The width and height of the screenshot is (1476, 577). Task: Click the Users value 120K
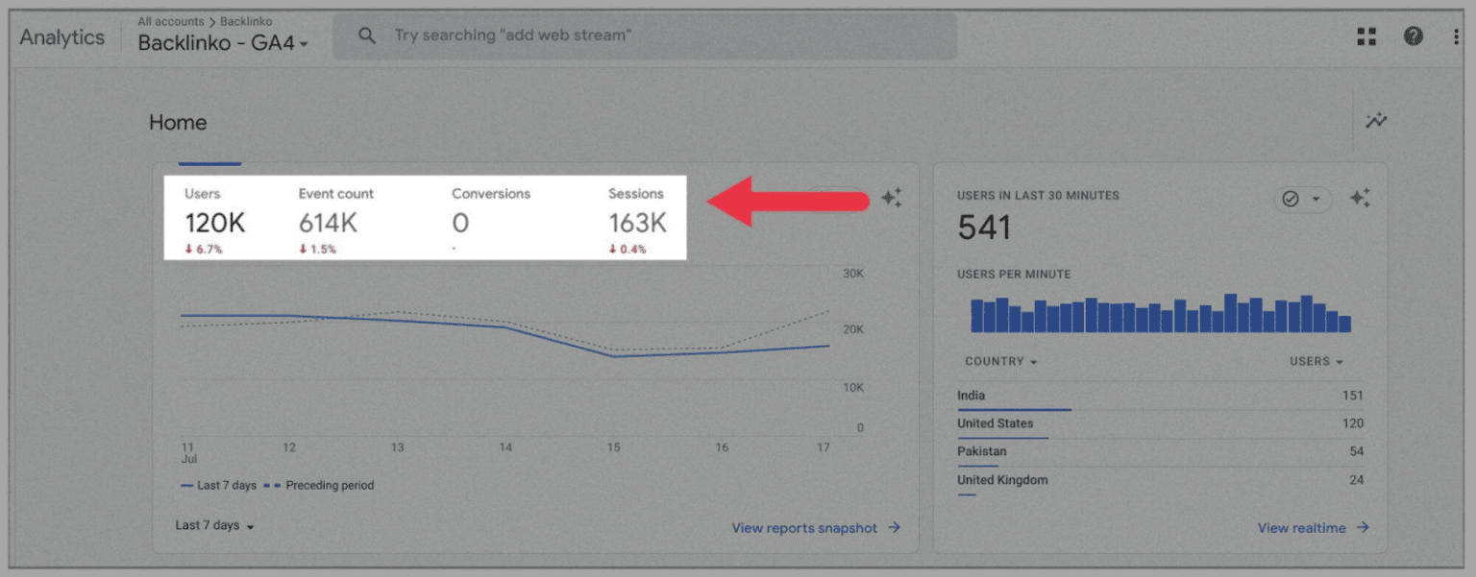coord(215,224)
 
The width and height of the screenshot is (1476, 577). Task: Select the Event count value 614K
coord(328,224)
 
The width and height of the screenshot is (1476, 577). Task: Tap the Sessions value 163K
coord(637,224)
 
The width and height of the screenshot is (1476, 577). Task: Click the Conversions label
coord(491,194)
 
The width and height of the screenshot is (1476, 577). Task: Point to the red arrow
coord(788,200)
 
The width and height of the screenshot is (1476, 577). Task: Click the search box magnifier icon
coord(366,36)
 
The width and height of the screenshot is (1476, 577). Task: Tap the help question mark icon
coord(1413,36)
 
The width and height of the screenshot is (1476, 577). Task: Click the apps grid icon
coord(1366,36)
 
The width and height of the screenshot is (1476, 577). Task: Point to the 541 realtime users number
coord(984,228)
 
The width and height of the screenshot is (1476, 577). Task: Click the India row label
coord(971,396)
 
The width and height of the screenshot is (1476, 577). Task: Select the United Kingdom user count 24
coord(1355,480)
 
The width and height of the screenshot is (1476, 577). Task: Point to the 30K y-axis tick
coord(853,274)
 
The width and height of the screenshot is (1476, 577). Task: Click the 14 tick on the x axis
coord(505,447)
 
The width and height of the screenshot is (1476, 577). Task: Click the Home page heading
coord(178,123)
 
